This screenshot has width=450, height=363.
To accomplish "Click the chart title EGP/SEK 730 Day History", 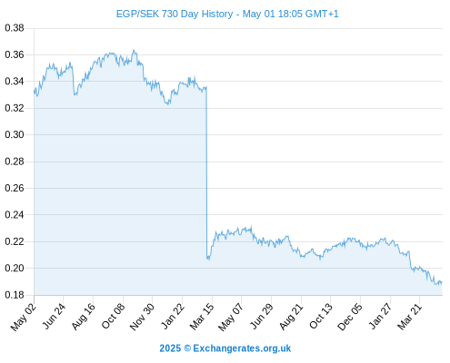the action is tap(175, 14).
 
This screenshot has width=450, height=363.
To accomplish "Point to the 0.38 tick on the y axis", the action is tap(15, 28).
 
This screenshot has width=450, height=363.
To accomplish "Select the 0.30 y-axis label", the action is tap(15, 134).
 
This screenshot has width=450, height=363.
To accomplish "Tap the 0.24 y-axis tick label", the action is tap(15, 215).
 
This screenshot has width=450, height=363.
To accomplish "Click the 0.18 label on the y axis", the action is tap(15, 295).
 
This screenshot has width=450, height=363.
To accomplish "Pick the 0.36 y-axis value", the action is tap(15, 54).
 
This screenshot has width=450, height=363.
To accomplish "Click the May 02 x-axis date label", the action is tap(24, 317).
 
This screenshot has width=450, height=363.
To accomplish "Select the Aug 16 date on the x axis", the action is tap(84, 317).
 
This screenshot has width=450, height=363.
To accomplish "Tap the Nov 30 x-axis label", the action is tap(143, 317).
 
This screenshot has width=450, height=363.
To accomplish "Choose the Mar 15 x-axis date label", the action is tap(202, 317).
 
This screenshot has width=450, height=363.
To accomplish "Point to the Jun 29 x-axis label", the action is tap(262, 317).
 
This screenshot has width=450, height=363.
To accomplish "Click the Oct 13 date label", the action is tap(321, 317).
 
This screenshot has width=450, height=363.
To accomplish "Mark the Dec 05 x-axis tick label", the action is tap(350, 317).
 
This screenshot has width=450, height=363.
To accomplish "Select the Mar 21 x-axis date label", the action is tap(410, 317).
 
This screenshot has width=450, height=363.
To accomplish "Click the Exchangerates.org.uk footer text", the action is tap(242, 348).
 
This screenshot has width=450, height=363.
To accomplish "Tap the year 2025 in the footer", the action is tap(170, 348).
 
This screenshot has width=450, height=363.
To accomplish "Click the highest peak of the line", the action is tap(134, 50).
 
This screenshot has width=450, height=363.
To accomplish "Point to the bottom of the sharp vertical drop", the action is tap(208, 259).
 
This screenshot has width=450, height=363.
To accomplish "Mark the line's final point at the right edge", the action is tap(442, 282).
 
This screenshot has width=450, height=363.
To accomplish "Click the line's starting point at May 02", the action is tap(35, 91).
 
